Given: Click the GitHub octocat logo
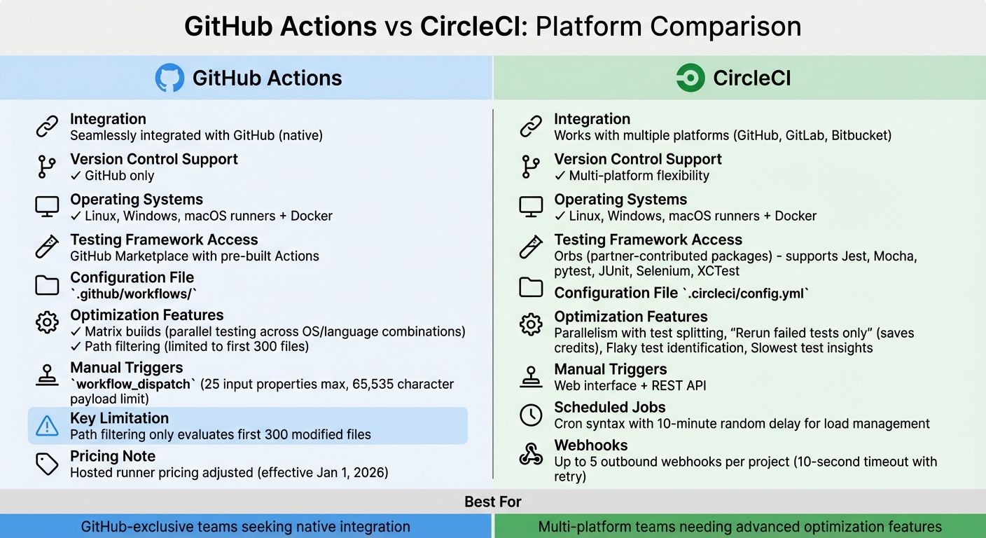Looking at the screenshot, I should [169, 78].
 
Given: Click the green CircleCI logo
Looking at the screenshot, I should [690, 78].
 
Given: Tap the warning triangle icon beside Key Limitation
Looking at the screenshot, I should [47, 425].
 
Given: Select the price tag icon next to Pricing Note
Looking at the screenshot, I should [47, 464].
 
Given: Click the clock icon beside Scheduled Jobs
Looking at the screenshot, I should [531, 415].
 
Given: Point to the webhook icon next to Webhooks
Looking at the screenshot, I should [531, 454].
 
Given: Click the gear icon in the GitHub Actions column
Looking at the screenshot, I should [47, 322].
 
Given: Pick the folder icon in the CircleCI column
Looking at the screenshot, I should [531, 287].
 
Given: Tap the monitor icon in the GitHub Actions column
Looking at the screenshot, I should [47, 206].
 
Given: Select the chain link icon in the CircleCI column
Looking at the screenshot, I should [531, 127].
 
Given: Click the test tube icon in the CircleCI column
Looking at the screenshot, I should [531, 247].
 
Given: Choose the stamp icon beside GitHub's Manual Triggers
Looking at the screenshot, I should [47, 375].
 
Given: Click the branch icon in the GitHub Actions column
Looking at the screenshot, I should [47, 167].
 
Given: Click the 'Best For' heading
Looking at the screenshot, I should [493, 502].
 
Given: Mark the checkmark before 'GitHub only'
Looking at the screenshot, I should [76, 176].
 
